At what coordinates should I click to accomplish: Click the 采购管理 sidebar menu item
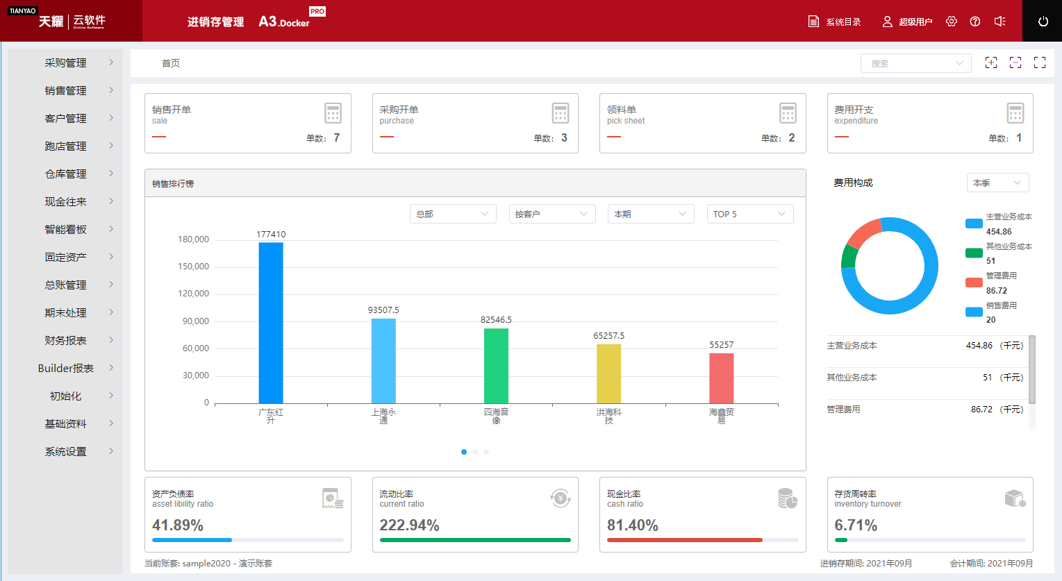tap(66, 62)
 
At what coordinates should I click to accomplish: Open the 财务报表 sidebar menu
tap(66, 340)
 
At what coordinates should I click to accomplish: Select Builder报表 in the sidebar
tap(66, 368)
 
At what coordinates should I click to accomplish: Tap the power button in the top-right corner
tap(1043, 22)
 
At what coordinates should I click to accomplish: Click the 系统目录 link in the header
tap(835, 22)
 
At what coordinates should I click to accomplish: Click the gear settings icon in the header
tap(952, 22)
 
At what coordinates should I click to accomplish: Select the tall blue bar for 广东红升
tap(271, 323)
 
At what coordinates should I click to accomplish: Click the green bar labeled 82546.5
tap(496, 366)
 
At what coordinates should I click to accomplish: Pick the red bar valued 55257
tap(721, 378)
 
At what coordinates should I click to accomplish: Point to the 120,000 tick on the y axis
tap(194, 294)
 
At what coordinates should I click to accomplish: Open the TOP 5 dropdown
tap(749, 214)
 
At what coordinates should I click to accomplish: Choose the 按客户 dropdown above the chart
tap(551, 214)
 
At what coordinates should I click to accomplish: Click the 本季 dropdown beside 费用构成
tap(997, 183)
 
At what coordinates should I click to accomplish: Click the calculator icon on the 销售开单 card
tap(333, 113)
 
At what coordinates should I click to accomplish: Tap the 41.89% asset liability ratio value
tap(178, 525)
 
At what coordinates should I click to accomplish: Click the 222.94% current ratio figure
tap(409, 525)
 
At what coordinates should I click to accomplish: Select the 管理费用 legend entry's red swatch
tap(974, 283)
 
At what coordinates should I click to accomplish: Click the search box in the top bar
tap(915, 63)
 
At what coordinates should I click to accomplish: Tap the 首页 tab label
tap(171, 63)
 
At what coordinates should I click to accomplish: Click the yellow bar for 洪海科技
tap(608, 373)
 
